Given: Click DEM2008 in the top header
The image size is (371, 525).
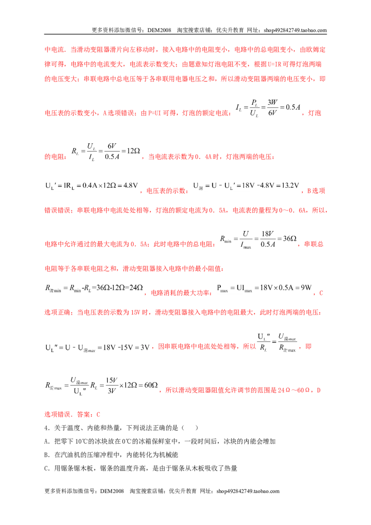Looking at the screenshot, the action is pos(159,30).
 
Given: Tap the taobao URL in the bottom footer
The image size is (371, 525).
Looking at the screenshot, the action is pos(248,491).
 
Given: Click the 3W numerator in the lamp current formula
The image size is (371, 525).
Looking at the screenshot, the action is pos(273,102).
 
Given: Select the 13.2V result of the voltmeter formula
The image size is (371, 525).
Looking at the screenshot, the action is pos(288,186).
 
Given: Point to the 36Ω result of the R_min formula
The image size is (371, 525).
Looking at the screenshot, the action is pos(290,238).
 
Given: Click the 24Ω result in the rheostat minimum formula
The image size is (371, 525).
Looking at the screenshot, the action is pos(136,288).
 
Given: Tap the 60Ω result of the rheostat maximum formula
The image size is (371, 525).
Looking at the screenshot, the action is pos(151,385).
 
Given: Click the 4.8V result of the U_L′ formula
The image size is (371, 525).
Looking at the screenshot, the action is pos(130,186).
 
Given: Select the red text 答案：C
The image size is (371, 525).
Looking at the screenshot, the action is pos(89,415).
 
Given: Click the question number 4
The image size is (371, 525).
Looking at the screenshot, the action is pos(46,428).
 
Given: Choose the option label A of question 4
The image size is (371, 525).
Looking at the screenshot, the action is pos(46,442).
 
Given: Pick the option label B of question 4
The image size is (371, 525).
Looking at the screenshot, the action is pos(46,455).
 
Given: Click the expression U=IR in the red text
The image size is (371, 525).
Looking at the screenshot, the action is pos(274,64).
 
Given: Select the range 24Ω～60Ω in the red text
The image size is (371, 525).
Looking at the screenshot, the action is pos(294,391).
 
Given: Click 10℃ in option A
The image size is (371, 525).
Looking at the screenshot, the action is pos(81,442).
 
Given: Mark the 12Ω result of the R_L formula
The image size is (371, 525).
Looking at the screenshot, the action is pos(133,151).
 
